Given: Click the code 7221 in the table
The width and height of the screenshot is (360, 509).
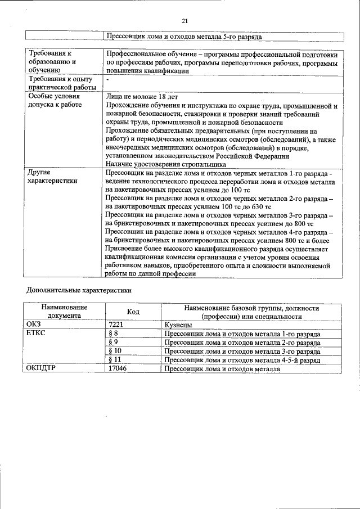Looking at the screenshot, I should click(115, 325).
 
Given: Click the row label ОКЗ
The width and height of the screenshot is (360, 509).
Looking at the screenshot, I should click(34, 325).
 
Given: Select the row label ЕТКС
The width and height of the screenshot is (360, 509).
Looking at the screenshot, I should click(37, 334).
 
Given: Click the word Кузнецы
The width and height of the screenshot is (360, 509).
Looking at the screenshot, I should click(178, 325).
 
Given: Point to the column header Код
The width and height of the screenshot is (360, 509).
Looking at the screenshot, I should click(133, 312).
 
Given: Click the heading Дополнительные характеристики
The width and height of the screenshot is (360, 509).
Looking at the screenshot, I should click(79, 291).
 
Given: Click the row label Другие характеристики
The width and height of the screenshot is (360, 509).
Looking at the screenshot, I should click(52, 177).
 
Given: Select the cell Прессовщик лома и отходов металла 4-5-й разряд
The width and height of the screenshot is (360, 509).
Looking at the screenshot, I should click(242, 359).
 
